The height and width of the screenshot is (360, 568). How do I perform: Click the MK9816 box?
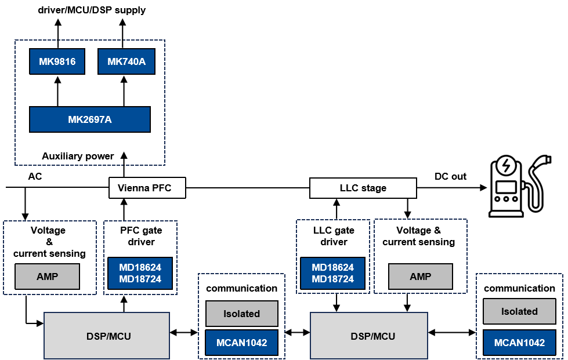coord(57,61)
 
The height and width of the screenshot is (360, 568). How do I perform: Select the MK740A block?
coord(126,61)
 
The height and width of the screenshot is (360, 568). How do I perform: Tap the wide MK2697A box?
coord(90,119)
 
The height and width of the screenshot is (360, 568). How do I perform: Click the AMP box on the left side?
coord(47,277)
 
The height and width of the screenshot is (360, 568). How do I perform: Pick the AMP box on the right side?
coord(420,277)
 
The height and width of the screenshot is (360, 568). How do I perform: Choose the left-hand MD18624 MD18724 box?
coord(140,273)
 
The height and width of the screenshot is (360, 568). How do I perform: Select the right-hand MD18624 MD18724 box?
coord(332,273)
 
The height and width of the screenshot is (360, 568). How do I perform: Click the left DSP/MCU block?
coord(107,336)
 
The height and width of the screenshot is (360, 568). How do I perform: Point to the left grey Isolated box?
coord(242,314)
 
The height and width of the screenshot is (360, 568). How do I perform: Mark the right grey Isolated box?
coord(519,311)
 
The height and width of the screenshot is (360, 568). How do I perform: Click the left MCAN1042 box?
coord(242,343)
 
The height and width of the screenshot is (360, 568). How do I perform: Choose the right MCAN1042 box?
coord(519,343)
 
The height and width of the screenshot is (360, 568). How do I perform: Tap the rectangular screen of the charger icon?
coord(507,187)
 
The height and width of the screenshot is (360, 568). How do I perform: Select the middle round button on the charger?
coord(507,199)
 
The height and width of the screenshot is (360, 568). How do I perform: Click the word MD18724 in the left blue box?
coord(140,279)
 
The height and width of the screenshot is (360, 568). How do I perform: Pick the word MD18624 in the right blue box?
coord(332,267)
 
